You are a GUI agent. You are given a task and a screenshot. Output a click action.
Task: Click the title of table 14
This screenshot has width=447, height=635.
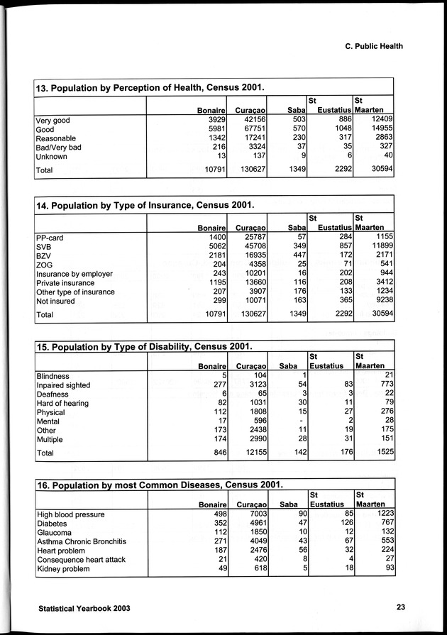click(x=145, y=205)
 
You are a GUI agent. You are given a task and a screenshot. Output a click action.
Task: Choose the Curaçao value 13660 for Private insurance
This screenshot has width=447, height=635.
click(x=250, y=282)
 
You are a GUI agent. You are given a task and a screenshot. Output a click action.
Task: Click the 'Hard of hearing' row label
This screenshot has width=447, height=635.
click(x=62, y=403)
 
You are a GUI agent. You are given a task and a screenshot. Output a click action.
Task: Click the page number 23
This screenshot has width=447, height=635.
click(x=400, y=607)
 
